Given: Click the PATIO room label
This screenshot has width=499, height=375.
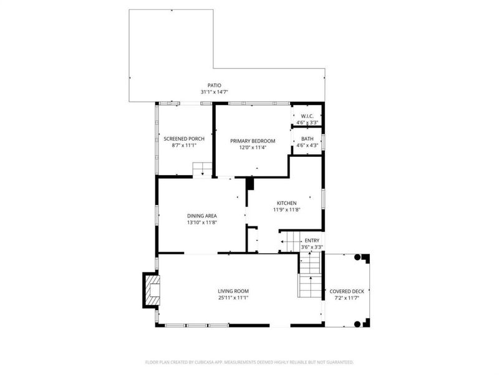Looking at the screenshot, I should (215, 86).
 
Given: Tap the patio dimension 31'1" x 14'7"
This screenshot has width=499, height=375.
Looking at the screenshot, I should (215, 92).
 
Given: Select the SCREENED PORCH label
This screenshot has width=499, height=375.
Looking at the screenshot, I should (184, 138).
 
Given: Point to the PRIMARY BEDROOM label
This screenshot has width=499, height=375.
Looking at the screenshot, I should (253, 141).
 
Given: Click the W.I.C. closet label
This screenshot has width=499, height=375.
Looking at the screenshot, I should (307, 116).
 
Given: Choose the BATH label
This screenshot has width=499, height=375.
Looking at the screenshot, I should (307, 139).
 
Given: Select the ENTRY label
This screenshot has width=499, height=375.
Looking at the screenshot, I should (312, 241).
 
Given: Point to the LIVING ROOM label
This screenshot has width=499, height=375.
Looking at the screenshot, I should (233, 291).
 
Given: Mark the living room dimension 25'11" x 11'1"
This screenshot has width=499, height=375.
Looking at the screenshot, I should (233, 297).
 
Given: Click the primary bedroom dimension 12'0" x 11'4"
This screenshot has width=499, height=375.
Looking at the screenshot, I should (253, 147).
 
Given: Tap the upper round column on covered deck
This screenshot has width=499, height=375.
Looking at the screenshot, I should (357, 257).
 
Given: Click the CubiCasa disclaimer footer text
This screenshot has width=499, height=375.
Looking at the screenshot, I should (249, 362).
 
